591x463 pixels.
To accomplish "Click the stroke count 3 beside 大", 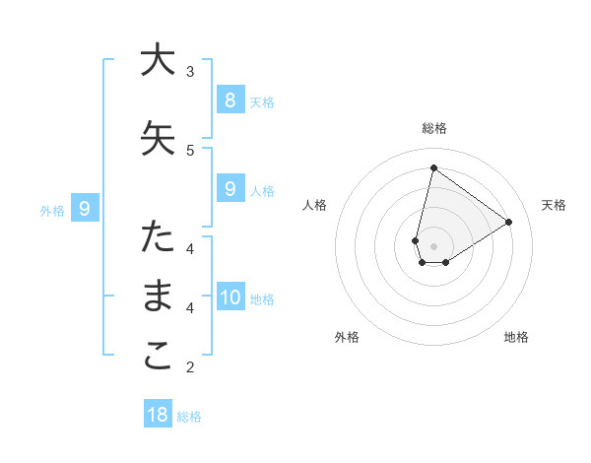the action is [190, 72].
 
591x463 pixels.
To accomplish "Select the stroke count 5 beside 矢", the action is [190, 150].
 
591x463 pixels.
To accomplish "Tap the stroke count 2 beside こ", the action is [190, 367].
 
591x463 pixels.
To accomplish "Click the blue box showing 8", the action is [230, 99].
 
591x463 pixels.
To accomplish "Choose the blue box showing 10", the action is [230, 297].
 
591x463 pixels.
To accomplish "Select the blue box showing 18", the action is [158, 415].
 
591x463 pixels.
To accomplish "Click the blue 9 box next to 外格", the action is [85, 208].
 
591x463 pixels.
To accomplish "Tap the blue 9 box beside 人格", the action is [230, 189].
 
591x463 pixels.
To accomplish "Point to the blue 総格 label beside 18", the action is [189, 417].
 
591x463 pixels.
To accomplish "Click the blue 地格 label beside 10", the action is [262, 299].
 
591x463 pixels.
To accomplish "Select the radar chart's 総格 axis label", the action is [433, 128].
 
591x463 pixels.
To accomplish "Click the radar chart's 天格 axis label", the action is [554, 205].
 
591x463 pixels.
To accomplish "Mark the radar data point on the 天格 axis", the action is [508, 222].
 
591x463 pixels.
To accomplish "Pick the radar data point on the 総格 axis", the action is [433, 167].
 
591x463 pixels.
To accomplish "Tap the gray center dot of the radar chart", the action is [433, 245].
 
